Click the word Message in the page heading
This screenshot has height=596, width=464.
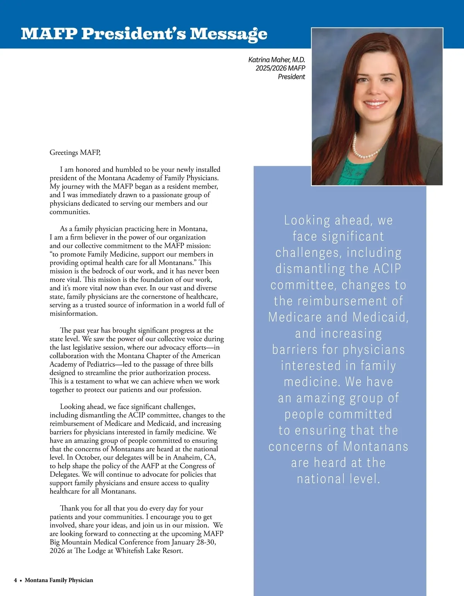pos(228,34)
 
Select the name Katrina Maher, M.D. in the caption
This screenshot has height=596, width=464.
pos(276,60)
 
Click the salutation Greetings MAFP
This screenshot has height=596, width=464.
pos(75,152)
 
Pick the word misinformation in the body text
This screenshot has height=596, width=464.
pos(73,313)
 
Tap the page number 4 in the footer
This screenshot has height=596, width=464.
pos(15,580)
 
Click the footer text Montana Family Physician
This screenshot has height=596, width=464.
pos(59,580)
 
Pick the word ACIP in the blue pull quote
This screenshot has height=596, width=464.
pos(387,269)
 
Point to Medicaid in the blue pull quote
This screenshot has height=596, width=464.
pos(380,317)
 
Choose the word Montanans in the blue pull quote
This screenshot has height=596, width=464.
pos(375,446)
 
